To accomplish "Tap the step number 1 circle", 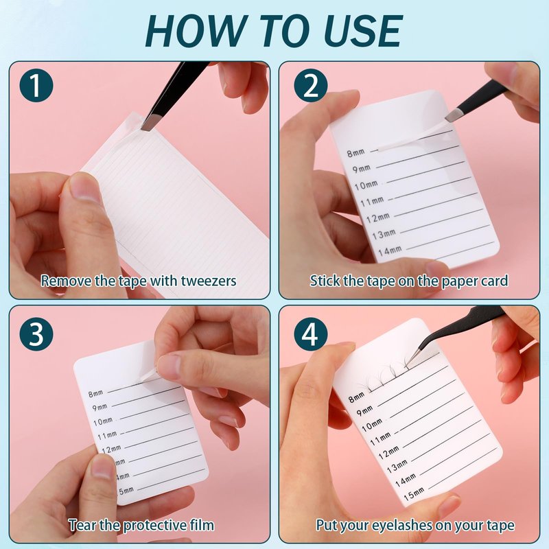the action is [x=36, y=85].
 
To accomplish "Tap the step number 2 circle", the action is [x=311, y=85].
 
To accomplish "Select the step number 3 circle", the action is [x=36, y=333].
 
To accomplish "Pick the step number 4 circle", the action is [x=311, y=333].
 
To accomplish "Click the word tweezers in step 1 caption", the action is [x=209, y=281].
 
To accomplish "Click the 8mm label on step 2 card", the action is [x=355, y=152].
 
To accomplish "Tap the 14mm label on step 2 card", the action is [x=390, y=250].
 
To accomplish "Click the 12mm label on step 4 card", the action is [x=389, y=452].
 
